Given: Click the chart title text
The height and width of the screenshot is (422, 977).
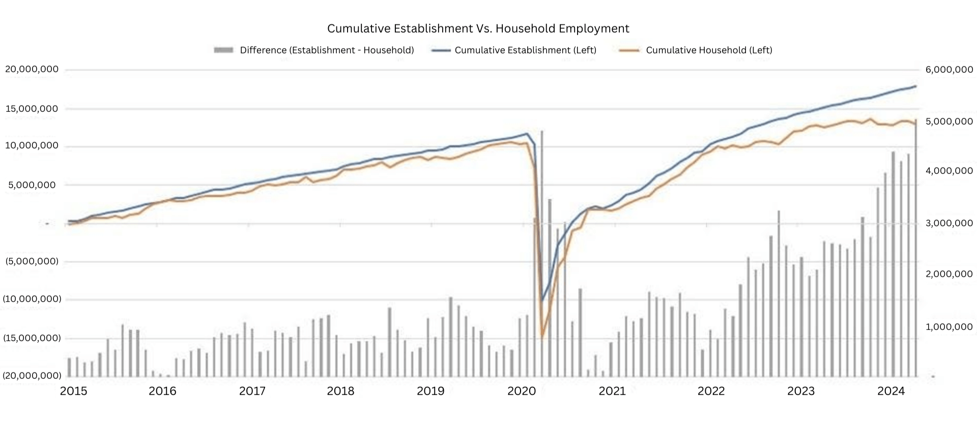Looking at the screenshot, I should (478, 28).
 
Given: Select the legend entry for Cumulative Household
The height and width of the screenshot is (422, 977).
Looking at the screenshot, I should (708, 50).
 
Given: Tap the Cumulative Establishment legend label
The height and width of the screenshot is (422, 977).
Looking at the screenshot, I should (525, 50).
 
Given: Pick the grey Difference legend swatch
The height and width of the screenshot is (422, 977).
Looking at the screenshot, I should (223, 50).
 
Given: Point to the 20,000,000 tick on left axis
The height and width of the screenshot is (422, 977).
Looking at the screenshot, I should (32, 69).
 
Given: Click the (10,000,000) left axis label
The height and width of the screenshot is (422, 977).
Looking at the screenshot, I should (32, 299).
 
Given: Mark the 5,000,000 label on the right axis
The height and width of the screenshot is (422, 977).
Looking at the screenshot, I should (949, 122).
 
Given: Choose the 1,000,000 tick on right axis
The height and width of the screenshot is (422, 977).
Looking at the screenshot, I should (949, 327).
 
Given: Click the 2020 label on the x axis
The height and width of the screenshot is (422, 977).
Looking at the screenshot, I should (522, 391).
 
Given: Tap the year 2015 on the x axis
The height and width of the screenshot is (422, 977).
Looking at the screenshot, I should (74, 391).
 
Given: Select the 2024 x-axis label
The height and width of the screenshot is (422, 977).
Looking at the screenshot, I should (891, 391).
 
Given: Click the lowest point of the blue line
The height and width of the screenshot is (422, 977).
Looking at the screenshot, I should (541, 300).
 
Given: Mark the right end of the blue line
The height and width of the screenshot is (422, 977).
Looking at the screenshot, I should (916, 86).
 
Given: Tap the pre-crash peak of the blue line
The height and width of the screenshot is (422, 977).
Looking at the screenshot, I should (527, 134).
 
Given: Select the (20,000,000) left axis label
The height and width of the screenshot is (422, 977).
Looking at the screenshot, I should (32, 376).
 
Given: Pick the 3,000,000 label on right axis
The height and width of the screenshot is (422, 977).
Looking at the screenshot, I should (949, 223).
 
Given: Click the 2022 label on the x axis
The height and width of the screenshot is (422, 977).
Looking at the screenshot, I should (711, 391).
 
